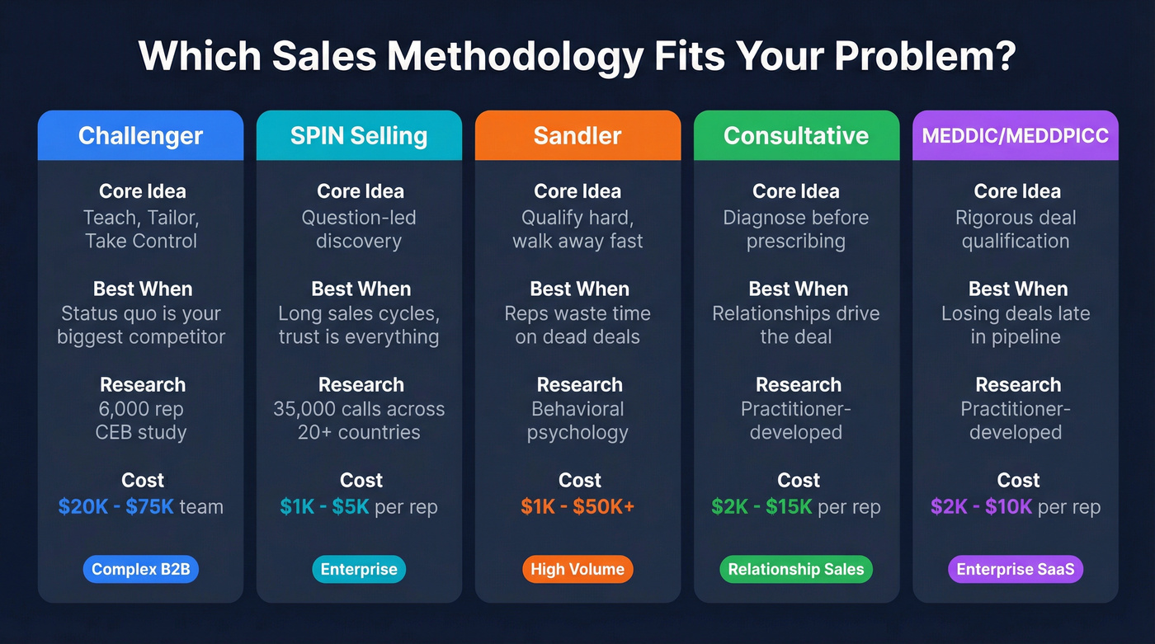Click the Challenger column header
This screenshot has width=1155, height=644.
[140, 136]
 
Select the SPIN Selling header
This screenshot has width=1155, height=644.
[359, 136]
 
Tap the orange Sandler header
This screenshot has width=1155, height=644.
[577, 136]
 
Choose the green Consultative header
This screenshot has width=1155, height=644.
[796, 136]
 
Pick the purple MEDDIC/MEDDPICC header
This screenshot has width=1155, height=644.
[1015, 136]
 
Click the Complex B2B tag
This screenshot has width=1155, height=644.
[141, 569]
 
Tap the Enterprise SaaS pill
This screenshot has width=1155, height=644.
[1015, 569]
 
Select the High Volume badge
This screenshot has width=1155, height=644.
[577, 569]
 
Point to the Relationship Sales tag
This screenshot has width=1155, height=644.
[796, 569]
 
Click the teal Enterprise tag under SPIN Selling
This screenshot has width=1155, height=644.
[359, 569]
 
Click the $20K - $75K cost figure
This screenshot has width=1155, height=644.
[115, 506]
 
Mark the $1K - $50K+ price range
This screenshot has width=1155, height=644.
[577, 506]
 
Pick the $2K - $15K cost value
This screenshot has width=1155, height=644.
[761, 506]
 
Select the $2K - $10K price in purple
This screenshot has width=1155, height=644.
[981, 506]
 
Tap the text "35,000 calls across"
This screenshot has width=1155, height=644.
[359, 409]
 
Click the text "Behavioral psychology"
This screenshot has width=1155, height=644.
[577, 421]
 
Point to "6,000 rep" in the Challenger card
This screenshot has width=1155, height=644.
[141, 409]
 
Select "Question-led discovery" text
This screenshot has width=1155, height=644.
[359, 229]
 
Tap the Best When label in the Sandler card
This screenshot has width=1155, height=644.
[579, 289]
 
